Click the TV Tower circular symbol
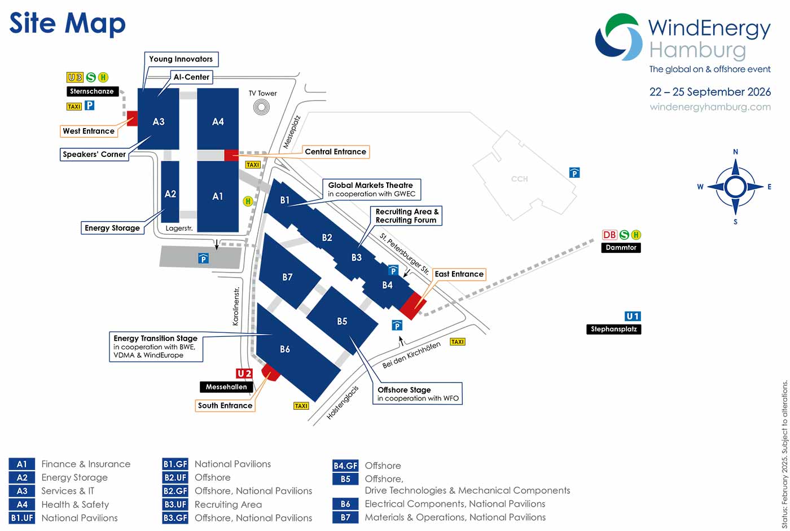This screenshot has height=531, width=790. (261, 107)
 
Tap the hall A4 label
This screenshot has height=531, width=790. (218, 122)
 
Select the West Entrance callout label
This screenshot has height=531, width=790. (89, 131)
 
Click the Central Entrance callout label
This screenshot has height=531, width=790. (335, 152)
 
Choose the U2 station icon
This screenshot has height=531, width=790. (244, 374)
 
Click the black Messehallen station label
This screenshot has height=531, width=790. (226, 387)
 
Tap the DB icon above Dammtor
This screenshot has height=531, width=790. (609, 235)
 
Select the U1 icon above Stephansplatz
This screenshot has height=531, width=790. (633, 316)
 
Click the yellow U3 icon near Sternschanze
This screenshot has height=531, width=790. (74, 77)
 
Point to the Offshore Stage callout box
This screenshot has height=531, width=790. (418, 393)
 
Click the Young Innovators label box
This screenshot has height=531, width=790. (181, 59)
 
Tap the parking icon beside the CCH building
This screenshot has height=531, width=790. (574, 173)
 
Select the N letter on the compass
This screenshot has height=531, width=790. (735, 152)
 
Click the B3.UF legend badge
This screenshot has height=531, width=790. (175, 504)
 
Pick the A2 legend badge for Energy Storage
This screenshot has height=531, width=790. (22, 477)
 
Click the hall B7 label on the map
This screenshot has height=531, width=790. (287, 277)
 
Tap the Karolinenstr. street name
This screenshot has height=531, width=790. (236, 306)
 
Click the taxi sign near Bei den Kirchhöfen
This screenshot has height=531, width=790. (458, 341)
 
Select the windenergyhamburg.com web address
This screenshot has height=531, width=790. (710, 107)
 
